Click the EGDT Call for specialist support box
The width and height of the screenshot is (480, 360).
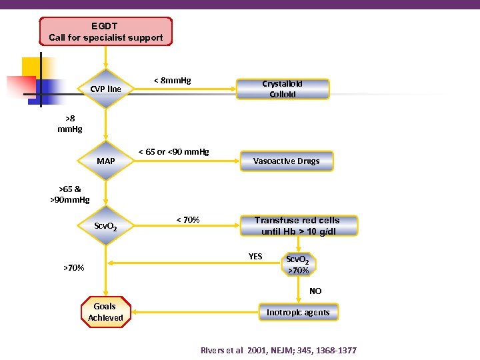pos(105,31)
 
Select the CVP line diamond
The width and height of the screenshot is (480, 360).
pos(105,89)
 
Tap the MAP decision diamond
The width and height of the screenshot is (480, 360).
pos(105,161)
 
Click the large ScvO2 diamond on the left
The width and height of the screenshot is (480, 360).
pos(105,227)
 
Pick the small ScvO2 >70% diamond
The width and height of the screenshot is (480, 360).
pos(297,265)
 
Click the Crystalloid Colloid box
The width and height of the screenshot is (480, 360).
pos(283,89)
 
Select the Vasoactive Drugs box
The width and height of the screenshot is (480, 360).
pos(286,161)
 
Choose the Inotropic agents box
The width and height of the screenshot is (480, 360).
pos(298,312)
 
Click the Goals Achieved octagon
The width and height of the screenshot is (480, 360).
pos(105,312)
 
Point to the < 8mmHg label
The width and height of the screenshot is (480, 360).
pos(172,81)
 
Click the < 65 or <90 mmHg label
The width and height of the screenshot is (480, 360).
pos(173,151)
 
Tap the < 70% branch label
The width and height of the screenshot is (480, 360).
pos(188,219)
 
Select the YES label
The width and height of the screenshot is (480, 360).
pos(255,256)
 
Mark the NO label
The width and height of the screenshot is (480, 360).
pos(315,291)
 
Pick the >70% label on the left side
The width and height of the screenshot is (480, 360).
pos(73,268)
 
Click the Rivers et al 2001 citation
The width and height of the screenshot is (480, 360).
pos(279,350)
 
